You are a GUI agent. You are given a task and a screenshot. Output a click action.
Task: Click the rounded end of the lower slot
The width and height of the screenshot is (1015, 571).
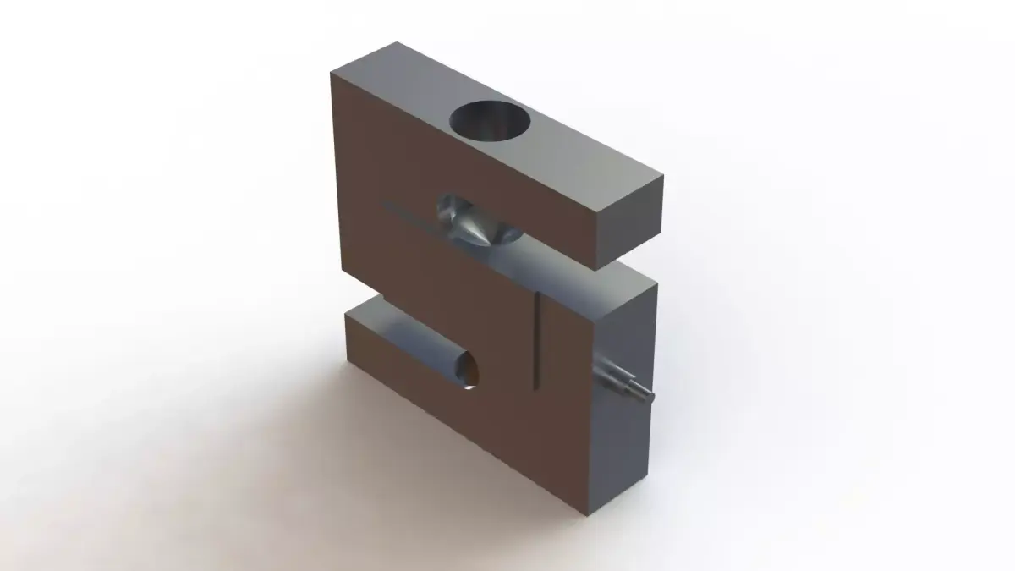click(x=468, y=372)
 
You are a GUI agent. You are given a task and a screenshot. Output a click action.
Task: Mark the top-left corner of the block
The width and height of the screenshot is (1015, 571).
click(x=332, y=73)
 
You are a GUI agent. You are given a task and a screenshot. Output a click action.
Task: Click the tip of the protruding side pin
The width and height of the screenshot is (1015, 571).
click(x=650, y=392)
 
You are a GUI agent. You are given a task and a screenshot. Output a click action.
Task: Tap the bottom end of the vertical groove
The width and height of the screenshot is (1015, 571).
click(x=537, y=387)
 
